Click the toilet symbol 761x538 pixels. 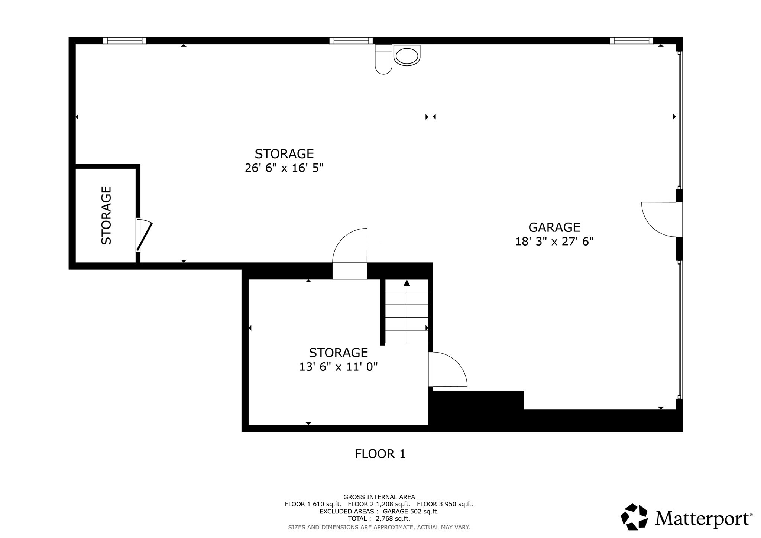(x=383, y=59)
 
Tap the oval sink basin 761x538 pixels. (x=407, y=56)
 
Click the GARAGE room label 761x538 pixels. (x=554, y=227)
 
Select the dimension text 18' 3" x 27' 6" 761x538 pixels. (x=554, y=242)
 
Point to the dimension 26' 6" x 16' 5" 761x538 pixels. (x=284, y=168)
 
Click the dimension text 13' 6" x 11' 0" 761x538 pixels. (x=338, y=367)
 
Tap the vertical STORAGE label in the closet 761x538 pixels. (x=106, y=215)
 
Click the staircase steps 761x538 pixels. (x=407, y=316)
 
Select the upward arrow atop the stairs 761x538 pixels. (x=407, y=283)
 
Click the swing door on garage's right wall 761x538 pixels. (x=658, y=219)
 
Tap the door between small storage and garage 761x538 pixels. (x=447, y=369)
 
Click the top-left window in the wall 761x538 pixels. (x=124, y=40)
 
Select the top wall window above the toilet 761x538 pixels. (x=351, y=40)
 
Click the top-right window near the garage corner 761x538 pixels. (x=631, y=40)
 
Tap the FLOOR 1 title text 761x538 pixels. (x=380, y=454)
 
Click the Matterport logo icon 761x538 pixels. (x=634, y=516)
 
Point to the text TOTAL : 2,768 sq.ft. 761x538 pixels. (x=379, y=518)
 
